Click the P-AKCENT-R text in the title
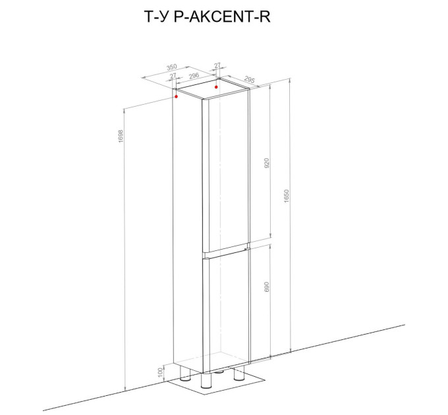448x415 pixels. point(222,16)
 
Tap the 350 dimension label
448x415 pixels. point(172,67)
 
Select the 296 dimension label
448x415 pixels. point(194,76)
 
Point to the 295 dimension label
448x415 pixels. point(250,80)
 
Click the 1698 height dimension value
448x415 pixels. point(121,136)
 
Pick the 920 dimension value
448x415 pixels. point(267,163)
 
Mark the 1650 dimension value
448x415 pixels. point(287,196)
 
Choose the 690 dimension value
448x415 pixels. point(267,287)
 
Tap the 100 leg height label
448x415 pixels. point(160,372)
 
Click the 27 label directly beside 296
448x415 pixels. point(173,76)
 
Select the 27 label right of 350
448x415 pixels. point(217,65)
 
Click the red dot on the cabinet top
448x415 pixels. point(216,87)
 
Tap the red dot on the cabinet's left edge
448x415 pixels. point(177,97)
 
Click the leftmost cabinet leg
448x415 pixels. point(185,373)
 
